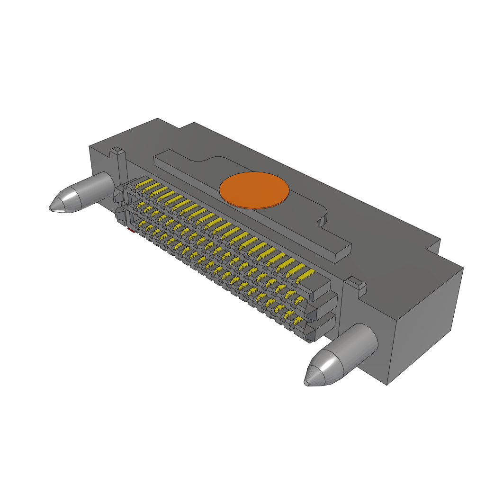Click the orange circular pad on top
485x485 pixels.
point(254,190)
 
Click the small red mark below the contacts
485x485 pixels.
point(130,230)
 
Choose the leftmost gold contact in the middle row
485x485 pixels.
point(140,205)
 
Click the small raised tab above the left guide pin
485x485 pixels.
point(117,152)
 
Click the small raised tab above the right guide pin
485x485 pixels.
point(356,284)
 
